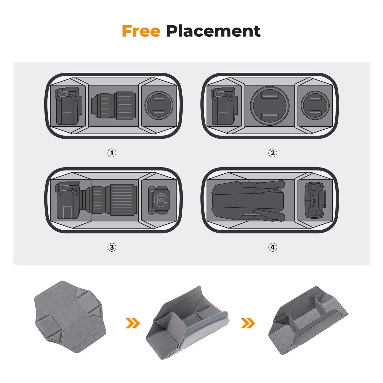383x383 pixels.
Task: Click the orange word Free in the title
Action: [x=141, y=31]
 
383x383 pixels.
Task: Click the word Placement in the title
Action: [x=213, y=31]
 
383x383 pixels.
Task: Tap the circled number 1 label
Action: [x=112, y=153]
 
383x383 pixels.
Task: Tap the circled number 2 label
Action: [x=272, y=153]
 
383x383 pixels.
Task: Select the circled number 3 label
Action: [x=112, y=247]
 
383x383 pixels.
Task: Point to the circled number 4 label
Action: [x=272, y=247]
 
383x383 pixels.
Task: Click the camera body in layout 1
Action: [x=68, y=106]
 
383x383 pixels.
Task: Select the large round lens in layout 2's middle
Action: [x=270, y=105]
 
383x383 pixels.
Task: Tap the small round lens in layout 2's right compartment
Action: [x=315, y=105]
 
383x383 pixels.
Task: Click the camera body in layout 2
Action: [x=224, y=106]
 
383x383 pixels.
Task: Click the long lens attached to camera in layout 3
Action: [x=111, y=200]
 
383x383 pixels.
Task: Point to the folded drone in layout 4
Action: [x=248, y=200]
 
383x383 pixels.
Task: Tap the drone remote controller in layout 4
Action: [x=315, y=200]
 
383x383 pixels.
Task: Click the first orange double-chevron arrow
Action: [x=133, y=323]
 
